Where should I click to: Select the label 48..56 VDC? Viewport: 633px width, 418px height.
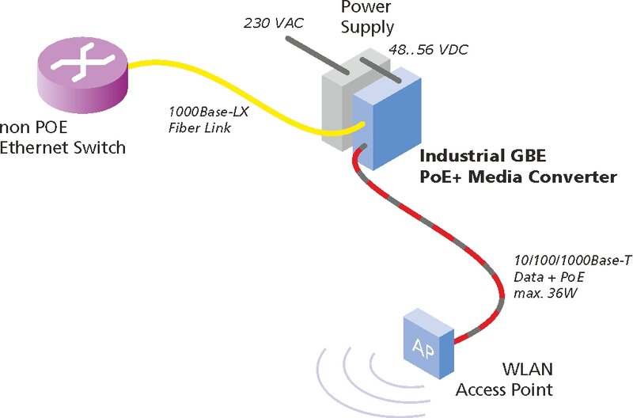(428, 50)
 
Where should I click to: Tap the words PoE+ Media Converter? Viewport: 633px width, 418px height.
(517, 177)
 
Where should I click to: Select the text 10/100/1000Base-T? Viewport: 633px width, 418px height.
(572, 261)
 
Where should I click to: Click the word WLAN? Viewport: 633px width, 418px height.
(527, 370)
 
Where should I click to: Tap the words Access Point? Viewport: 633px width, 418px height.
(504, 389)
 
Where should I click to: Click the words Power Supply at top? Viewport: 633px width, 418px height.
(367, 17)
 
